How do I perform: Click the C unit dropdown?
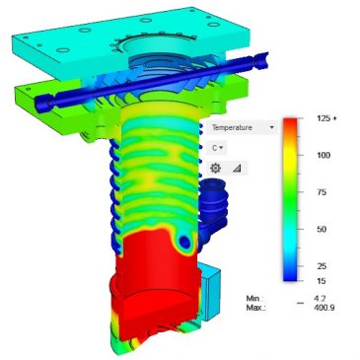tap(217, 147)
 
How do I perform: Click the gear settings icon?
tap(216, 168)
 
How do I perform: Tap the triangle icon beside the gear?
tap(237, 168)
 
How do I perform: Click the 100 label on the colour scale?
tap(323, 156)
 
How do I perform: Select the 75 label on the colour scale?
tap(321, 193)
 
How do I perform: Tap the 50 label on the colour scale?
tap(321, 230)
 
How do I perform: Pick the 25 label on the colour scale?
tap(321, 266)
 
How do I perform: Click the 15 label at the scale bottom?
tap(321, 281)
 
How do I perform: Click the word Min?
tap(254, 297)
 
